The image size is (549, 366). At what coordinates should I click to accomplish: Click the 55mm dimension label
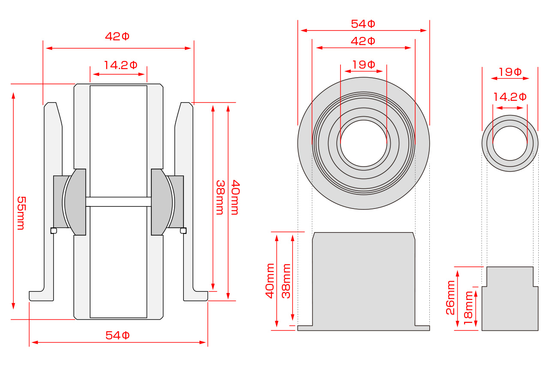tap(21, 213)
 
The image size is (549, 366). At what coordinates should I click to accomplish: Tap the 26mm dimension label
tap(450, 298)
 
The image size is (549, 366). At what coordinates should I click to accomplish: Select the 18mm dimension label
tap(468, 308)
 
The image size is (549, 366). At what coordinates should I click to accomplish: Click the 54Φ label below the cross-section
tap(118, 336)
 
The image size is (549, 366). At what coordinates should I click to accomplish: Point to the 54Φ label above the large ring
tap(363, 24)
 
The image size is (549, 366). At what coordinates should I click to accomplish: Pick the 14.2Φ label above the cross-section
tap(121, 65)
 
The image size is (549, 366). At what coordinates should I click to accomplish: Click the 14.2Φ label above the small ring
tap(510, 97)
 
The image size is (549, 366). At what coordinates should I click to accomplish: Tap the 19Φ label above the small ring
tap(510, 72)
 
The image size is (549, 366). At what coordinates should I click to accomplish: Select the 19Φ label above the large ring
tap(364, 65)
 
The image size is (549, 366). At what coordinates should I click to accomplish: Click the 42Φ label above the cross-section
tap(117, 36)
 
